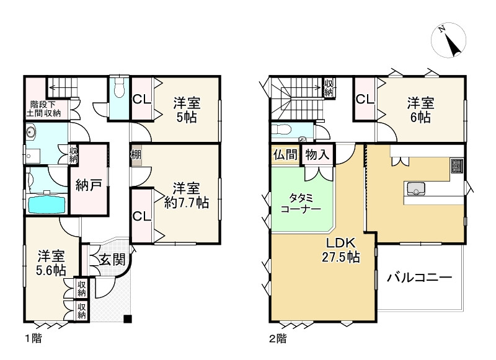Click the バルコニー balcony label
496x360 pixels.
(x=419, y=277)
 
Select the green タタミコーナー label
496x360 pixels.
(x=300, y=203)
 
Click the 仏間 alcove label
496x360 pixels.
(x=285, y=154)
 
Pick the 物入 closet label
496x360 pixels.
(x=317, y=154)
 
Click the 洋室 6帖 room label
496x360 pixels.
(x=420, y=109)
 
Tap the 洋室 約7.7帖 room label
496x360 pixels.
(x=186, y=195)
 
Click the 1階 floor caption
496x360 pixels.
(x=33, y=339)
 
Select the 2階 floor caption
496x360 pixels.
(x=277, y=339)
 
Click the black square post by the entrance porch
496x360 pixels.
(x=128, y=319)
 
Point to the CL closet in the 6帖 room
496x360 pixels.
(x=364, y=99)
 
